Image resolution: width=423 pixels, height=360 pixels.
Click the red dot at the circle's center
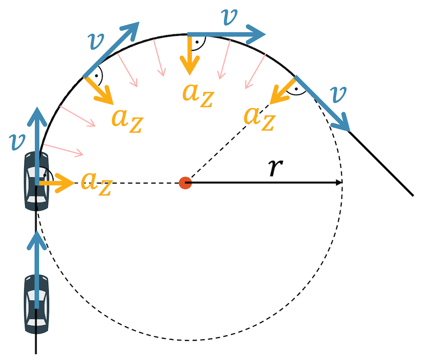tap(185, 183)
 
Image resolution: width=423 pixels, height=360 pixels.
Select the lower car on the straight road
tap(36, 301)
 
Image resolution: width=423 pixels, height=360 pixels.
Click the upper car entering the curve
tap(37, 181)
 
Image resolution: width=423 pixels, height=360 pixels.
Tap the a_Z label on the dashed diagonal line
tap(259, 117)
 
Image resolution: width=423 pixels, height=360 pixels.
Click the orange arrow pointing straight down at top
tap(191, 55)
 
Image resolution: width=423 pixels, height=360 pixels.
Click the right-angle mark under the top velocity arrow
tap(199, 41)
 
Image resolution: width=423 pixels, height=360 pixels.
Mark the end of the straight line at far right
tap(412, 195)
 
